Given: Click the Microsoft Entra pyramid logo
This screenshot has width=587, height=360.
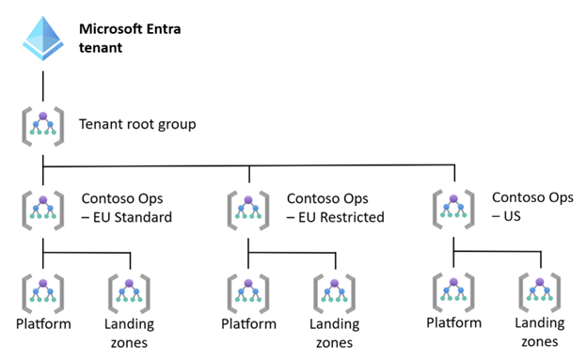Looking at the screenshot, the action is [43, 39].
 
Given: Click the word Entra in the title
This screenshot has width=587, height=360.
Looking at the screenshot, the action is [164, 29].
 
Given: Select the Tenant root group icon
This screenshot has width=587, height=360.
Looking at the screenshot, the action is [43, 126].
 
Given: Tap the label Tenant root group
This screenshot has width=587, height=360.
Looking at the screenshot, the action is [137, 124].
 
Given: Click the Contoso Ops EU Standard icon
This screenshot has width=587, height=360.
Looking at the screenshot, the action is [43, 210].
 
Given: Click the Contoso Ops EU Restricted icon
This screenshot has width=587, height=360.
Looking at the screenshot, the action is [248, 210].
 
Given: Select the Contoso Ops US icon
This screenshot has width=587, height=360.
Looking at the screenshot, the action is [453, 209].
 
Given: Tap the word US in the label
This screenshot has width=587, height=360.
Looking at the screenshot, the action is [512, 216].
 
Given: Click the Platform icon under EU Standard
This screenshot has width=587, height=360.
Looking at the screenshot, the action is [43, 294].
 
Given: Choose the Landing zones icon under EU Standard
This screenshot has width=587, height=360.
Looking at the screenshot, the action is [129, 294].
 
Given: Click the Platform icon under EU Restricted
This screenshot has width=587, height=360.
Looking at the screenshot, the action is [248, 294].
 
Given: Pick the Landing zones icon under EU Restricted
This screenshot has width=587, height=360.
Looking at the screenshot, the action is [334, 294].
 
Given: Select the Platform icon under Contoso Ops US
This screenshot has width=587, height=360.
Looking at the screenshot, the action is [453, 292].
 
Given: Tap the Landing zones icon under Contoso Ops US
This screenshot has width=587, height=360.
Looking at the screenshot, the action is [539, 292].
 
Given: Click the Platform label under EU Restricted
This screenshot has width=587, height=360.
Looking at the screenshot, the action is [248, 323].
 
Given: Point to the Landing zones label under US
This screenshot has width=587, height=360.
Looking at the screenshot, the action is [539, 333].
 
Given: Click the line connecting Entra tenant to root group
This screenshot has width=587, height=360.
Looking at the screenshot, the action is [43, 86].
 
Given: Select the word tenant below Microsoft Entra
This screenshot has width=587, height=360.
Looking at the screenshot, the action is [101, 48].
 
